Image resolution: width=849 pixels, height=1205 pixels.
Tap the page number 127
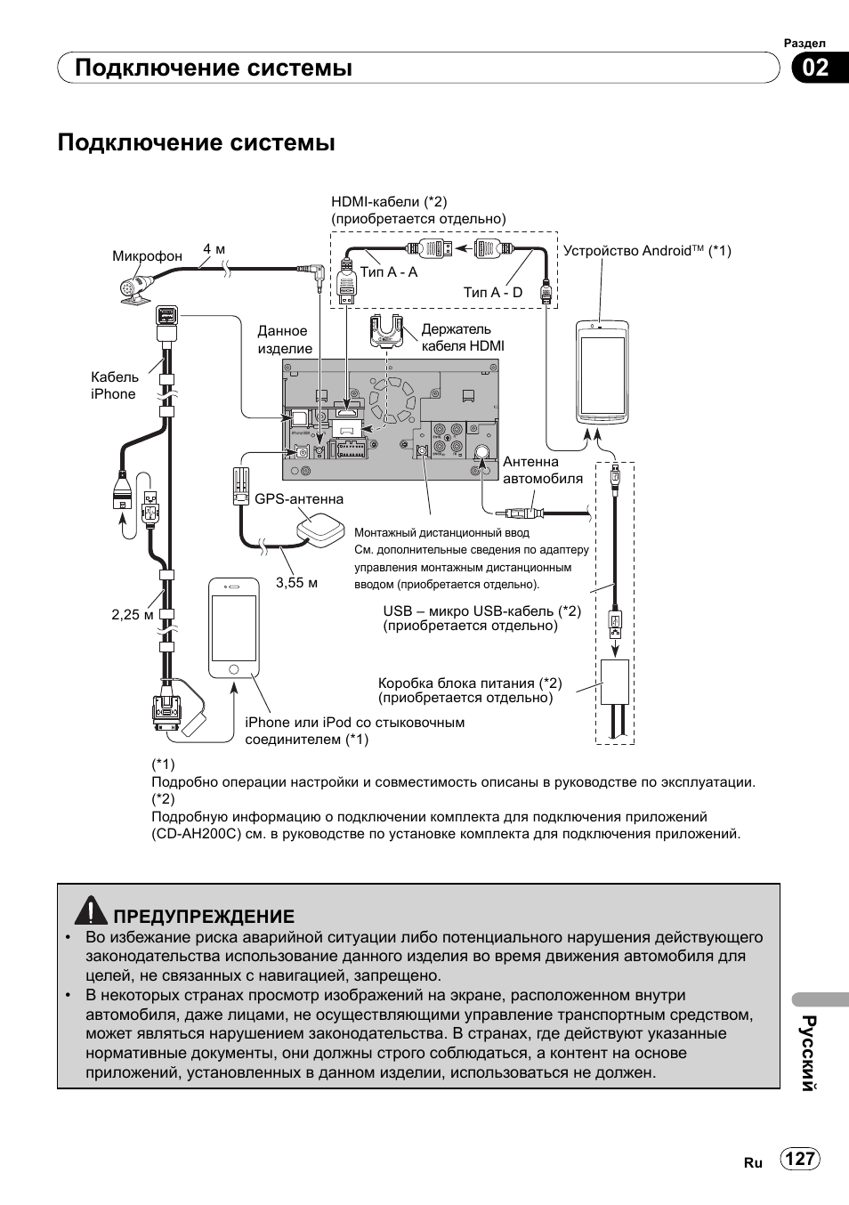tap(800, 1159)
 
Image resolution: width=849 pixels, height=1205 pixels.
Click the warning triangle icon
tap(91, 910)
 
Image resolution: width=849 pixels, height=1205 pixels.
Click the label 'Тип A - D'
tap(492, 292)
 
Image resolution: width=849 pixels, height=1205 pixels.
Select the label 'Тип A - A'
tap(389, 272)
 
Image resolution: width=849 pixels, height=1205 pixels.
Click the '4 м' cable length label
tap(214, 249)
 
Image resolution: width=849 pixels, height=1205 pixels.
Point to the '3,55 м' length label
tap(296, 583)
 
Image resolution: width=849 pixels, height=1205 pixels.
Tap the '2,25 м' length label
tap(133, 614)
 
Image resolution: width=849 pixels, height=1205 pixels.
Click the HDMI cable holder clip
tap(388, 332)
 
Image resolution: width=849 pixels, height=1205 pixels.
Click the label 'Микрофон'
tap(147, 256)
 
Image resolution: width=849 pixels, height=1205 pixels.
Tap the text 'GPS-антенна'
tap(299, 499)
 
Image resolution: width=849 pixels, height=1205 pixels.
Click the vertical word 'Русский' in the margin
tap(808, 1052)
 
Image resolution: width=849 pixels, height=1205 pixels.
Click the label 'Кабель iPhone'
tap(115, 385)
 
